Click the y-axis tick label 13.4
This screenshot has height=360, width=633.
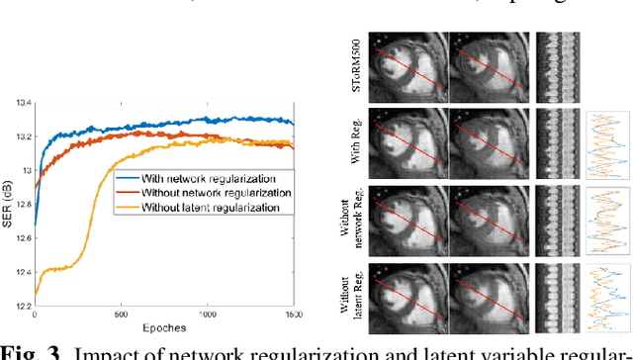19,102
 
